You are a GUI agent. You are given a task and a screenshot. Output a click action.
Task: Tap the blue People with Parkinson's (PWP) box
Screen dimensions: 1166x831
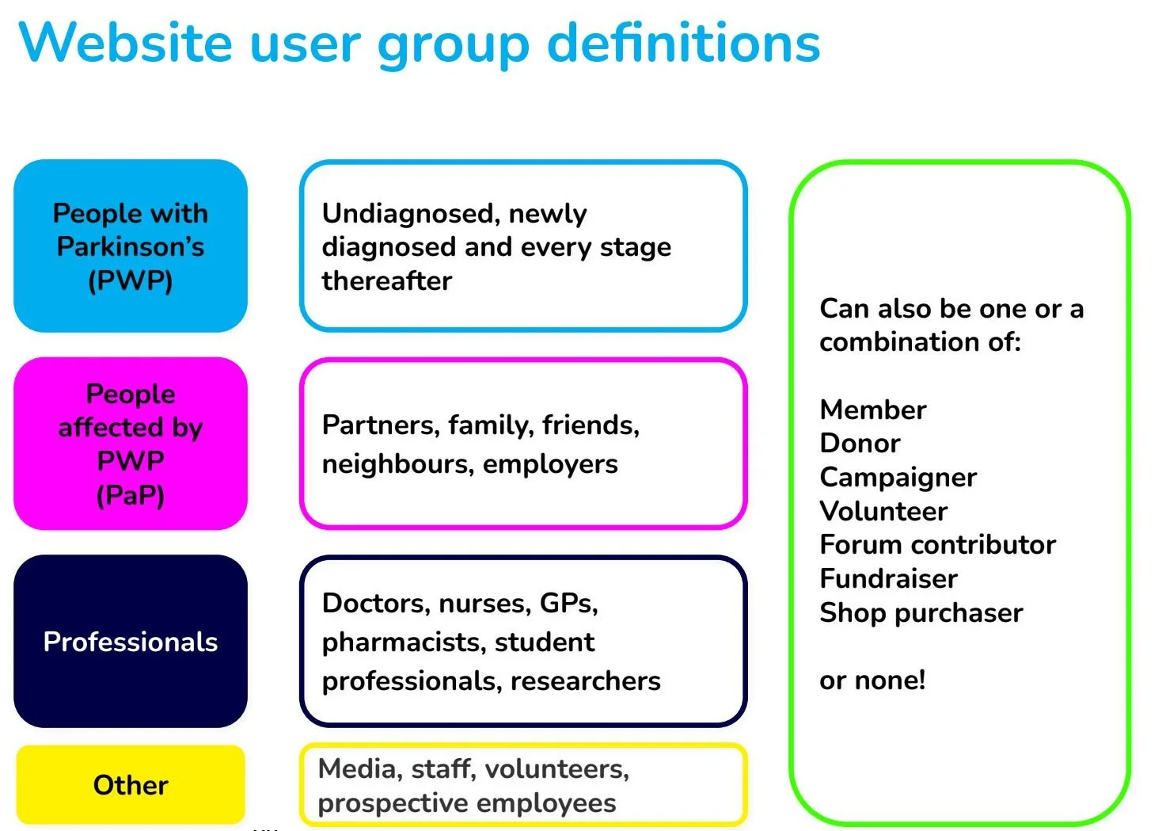tap(131, 246)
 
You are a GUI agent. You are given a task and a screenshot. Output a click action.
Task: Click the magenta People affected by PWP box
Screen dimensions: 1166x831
tap(131, 444)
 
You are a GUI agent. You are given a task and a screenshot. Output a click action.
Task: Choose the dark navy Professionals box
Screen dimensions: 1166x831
tap(131, 642)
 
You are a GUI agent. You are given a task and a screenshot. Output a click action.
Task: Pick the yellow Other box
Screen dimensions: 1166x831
tap(131, 785)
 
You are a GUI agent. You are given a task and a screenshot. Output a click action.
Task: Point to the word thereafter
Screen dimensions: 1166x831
tap(386, 281)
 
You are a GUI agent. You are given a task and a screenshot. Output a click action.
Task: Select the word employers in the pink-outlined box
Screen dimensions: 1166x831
tap(550, 464)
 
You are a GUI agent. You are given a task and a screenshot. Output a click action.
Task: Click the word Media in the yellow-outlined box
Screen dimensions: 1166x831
tap(357, 768)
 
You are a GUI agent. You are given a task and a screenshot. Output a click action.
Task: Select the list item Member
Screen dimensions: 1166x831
tap(872, 410)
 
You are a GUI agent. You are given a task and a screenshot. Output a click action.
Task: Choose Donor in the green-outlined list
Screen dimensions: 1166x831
tap(860, 444)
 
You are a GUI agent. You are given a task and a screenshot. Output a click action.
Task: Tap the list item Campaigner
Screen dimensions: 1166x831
tap(898, 478)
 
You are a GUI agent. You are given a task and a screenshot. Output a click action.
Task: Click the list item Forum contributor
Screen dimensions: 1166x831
tap(937, 545)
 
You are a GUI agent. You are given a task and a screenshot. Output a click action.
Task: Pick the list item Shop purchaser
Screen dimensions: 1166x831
tap(921, 613)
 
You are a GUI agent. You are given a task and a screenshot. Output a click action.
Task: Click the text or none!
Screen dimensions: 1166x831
tap(872, 680)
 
